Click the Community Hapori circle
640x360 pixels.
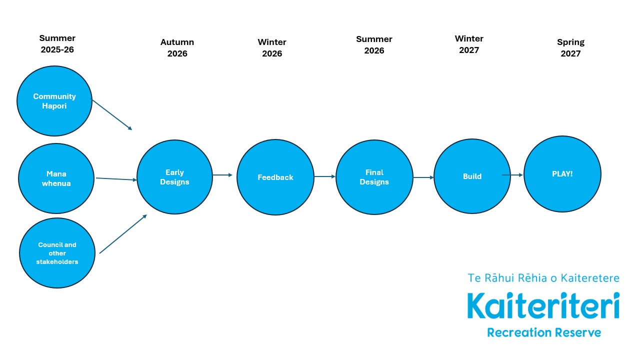54,100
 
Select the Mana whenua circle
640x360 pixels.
56,178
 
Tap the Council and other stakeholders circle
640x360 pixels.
57,253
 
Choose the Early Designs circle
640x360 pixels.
174,177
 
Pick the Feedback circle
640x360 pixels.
275,177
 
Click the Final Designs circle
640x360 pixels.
374,177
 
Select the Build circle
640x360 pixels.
472,176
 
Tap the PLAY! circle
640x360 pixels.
562,174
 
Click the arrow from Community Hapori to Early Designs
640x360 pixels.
111,114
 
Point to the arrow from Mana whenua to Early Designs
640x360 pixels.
116,179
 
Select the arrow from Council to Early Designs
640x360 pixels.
123,234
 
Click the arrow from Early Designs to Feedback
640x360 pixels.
222,175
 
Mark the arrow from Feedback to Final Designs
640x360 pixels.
324,176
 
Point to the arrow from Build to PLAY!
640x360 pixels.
512,175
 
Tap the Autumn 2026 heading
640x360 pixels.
177,48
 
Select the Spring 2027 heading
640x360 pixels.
570,48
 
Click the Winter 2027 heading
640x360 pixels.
469,44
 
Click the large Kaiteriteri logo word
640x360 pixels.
543,306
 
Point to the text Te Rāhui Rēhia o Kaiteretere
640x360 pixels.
543,278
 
